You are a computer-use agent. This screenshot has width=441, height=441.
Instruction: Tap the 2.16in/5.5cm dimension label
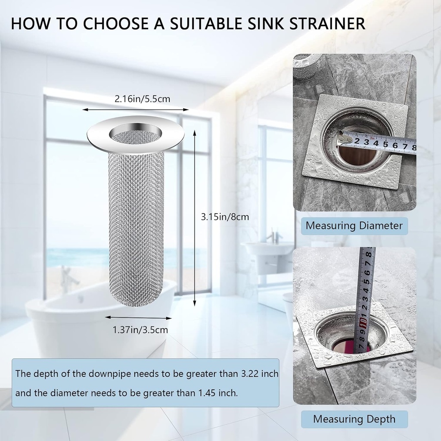(142, 99)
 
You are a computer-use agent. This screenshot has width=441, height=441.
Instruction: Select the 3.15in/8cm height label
(225, 217)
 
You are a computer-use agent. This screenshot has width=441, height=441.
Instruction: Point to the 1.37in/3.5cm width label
(140, 330)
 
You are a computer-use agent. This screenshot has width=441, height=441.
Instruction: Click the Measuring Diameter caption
(354, 225)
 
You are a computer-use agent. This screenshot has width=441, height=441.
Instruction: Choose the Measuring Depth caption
(354, 419)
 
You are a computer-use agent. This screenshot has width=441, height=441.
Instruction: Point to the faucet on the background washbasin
(272, 237)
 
